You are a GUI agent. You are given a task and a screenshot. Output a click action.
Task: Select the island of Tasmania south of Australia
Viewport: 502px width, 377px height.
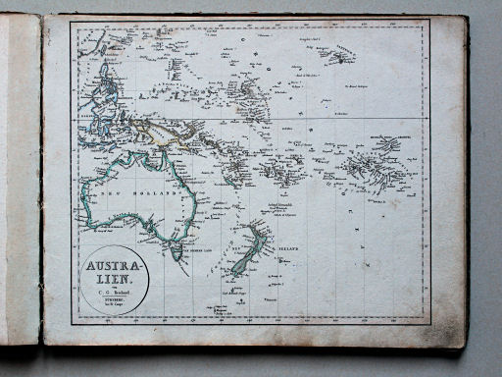[177, 252]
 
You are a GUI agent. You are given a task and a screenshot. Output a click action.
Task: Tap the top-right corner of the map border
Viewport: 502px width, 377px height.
[429, 22]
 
